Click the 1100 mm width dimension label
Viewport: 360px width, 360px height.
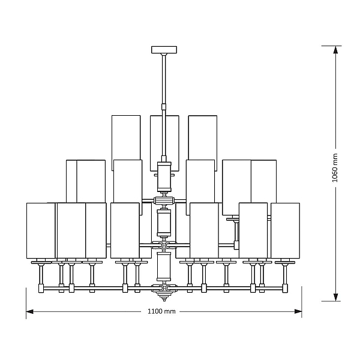pyautogui.click(x=161, y=311)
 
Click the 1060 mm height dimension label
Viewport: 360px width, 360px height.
pyautogui.click(x=335, y=168)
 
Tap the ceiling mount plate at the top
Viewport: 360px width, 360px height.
pyautogui.click(x=164, y=50)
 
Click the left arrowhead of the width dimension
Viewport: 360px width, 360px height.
pyautogui.click(x=29, y=311)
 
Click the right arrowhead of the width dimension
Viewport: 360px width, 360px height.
pyautogui.click(x=298, y=311)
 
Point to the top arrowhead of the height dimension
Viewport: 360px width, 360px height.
pyautogui.click(x=335, y=50)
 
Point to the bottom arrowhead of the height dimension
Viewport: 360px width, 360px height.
pyautogui.click(x=335, y=298)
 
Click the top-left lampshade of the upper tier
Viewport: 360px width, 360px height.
pyautogui.click(x=126, y=138)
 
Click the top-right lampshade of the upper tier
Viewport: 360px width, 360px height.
pyautogui.click(x=203, y=138)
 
